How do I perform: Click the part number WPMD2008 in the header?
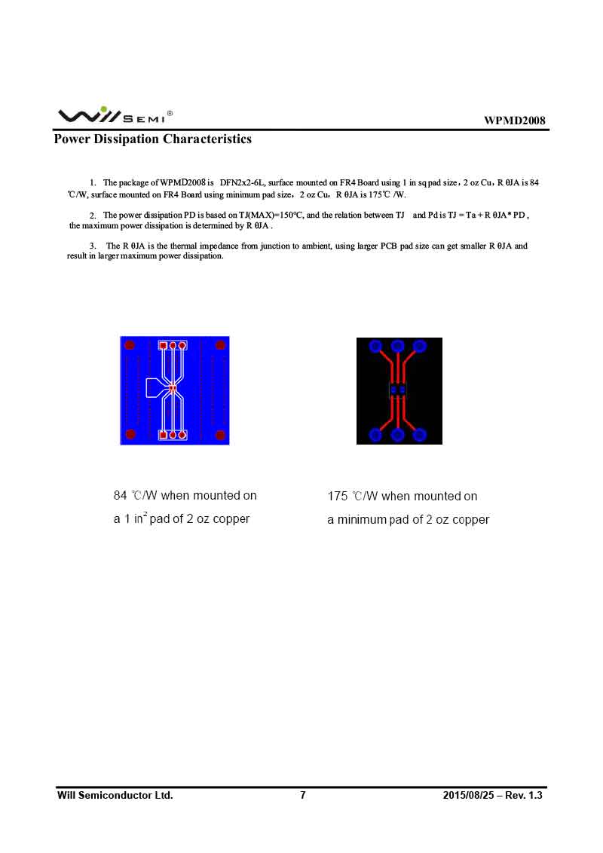click(515, 121)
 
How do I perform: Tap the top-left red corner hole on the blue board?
click(130, 345)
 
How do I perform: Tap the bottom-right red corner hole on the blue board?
click(220, 435)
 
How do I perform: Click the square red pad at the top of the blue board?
click(163, 346)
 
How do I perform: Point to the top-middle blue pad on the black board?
click(398, 346)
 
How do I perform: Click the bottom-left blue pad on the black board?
click(375, 435)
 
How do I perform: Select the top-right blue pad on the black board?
click(420, 346)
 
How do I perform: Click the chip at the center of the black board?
click(398, 390)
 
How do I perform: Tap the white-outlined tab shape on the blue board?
click(153, 388)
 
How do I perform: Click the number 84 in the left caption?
click(121, 496)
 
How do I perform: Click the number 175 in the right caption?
click(338, 497)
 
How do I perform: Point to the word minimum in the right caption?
click(362, 520)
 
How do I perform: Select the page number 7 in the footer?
click(303, 795)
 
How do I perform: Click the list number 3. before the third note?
click(93, 246)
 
